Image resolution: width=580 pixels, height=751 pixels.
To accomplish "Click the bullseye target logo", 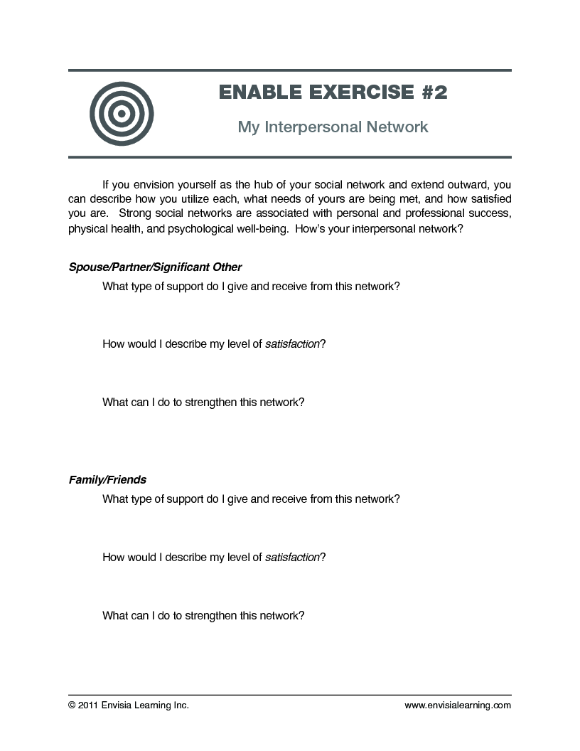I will (122, 114).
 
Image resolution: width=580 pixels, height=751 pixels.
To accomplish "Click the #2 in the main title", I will (432, 92).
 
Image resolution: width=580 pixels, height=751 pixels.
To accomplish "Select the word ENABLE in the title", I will (257, 92).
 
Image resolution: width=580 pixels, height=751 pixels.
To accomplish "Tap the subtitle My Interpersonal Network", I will (333, 127).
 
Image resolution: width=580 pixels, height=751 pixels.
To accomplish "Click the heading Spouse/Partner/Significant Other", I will (155, 267).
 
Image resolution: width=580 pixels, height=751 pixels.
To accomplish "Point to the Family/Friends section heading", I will (107, 480).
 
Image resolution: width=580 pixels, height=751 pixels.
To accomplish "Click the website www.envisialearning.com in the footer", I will (458, 705).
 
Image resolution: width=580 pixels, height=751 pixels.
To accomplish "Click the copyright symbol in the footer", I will (72, 705).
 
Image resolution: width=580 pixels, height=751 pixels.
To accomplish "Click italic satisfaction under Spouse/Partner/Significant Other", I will (292, 344).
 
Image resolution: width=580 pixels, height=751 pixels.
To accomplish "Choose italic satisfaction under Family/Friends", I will (292, 558).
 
